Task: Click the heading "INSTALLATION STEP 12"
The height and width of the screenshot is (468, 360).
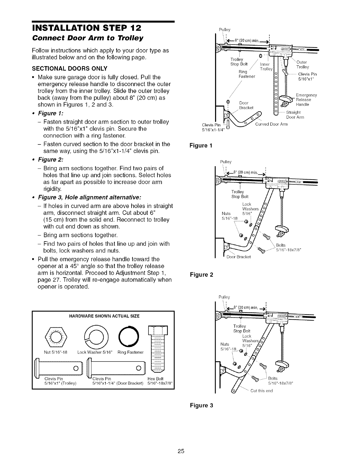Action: pyautogui.click(x=86, y=29)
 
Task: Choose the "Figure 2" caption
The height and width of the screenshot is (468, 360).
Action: pyautogui.click(x=202, y=274)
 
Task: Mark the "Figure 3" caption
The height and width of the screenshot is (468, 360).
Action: pyautogui.click(x=202, y=405)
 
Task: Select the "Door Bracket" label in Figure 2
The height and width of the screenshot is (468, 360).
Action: pyautogui.click(x=239, y=257)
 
